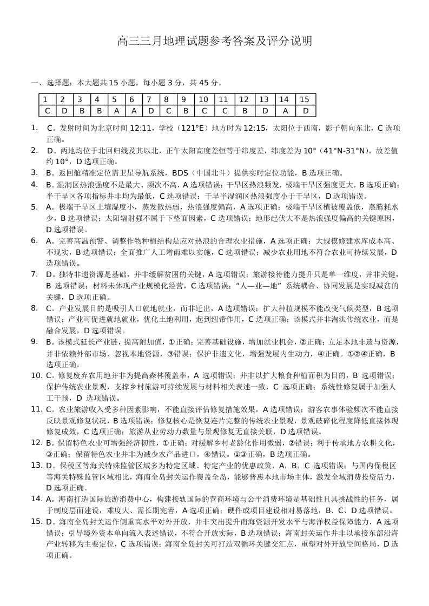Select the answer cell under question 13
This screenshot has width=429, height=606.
[263, 111]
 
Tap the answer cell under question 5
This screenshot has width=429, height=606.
[114, 111]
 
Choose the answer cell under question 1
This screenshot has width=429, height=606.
[48, 111]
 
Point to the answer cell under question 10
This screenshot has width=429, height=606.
[203, 111]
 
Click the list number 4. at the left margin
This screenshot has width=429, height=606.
[34, 184]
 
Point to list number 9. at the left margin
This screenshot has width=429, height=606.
[34, 341]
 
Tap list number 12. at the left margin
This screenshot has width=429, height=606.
[36, 442]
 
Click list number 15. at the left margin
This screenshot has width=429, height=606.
[36, 521]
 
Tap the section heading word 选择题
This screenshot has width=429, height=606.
[55, 83]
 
